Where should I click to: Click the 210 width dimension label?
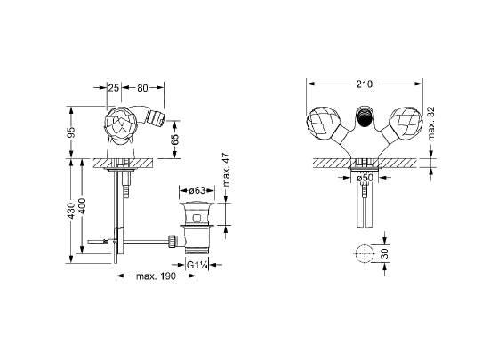364,84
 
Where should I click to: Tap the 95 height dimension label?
72,132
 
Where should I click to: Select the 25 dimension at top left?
114,88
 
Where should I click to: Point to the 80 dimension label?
142,88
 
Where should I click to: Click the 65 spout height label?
174,139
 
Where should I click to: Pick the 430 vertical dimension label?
72,211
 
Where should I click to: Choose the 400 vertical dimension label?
82,205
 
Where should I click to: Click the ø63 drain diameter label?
197,190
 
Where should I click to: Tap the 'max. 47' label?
226,170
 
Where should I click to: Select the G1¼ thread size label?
197,265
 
